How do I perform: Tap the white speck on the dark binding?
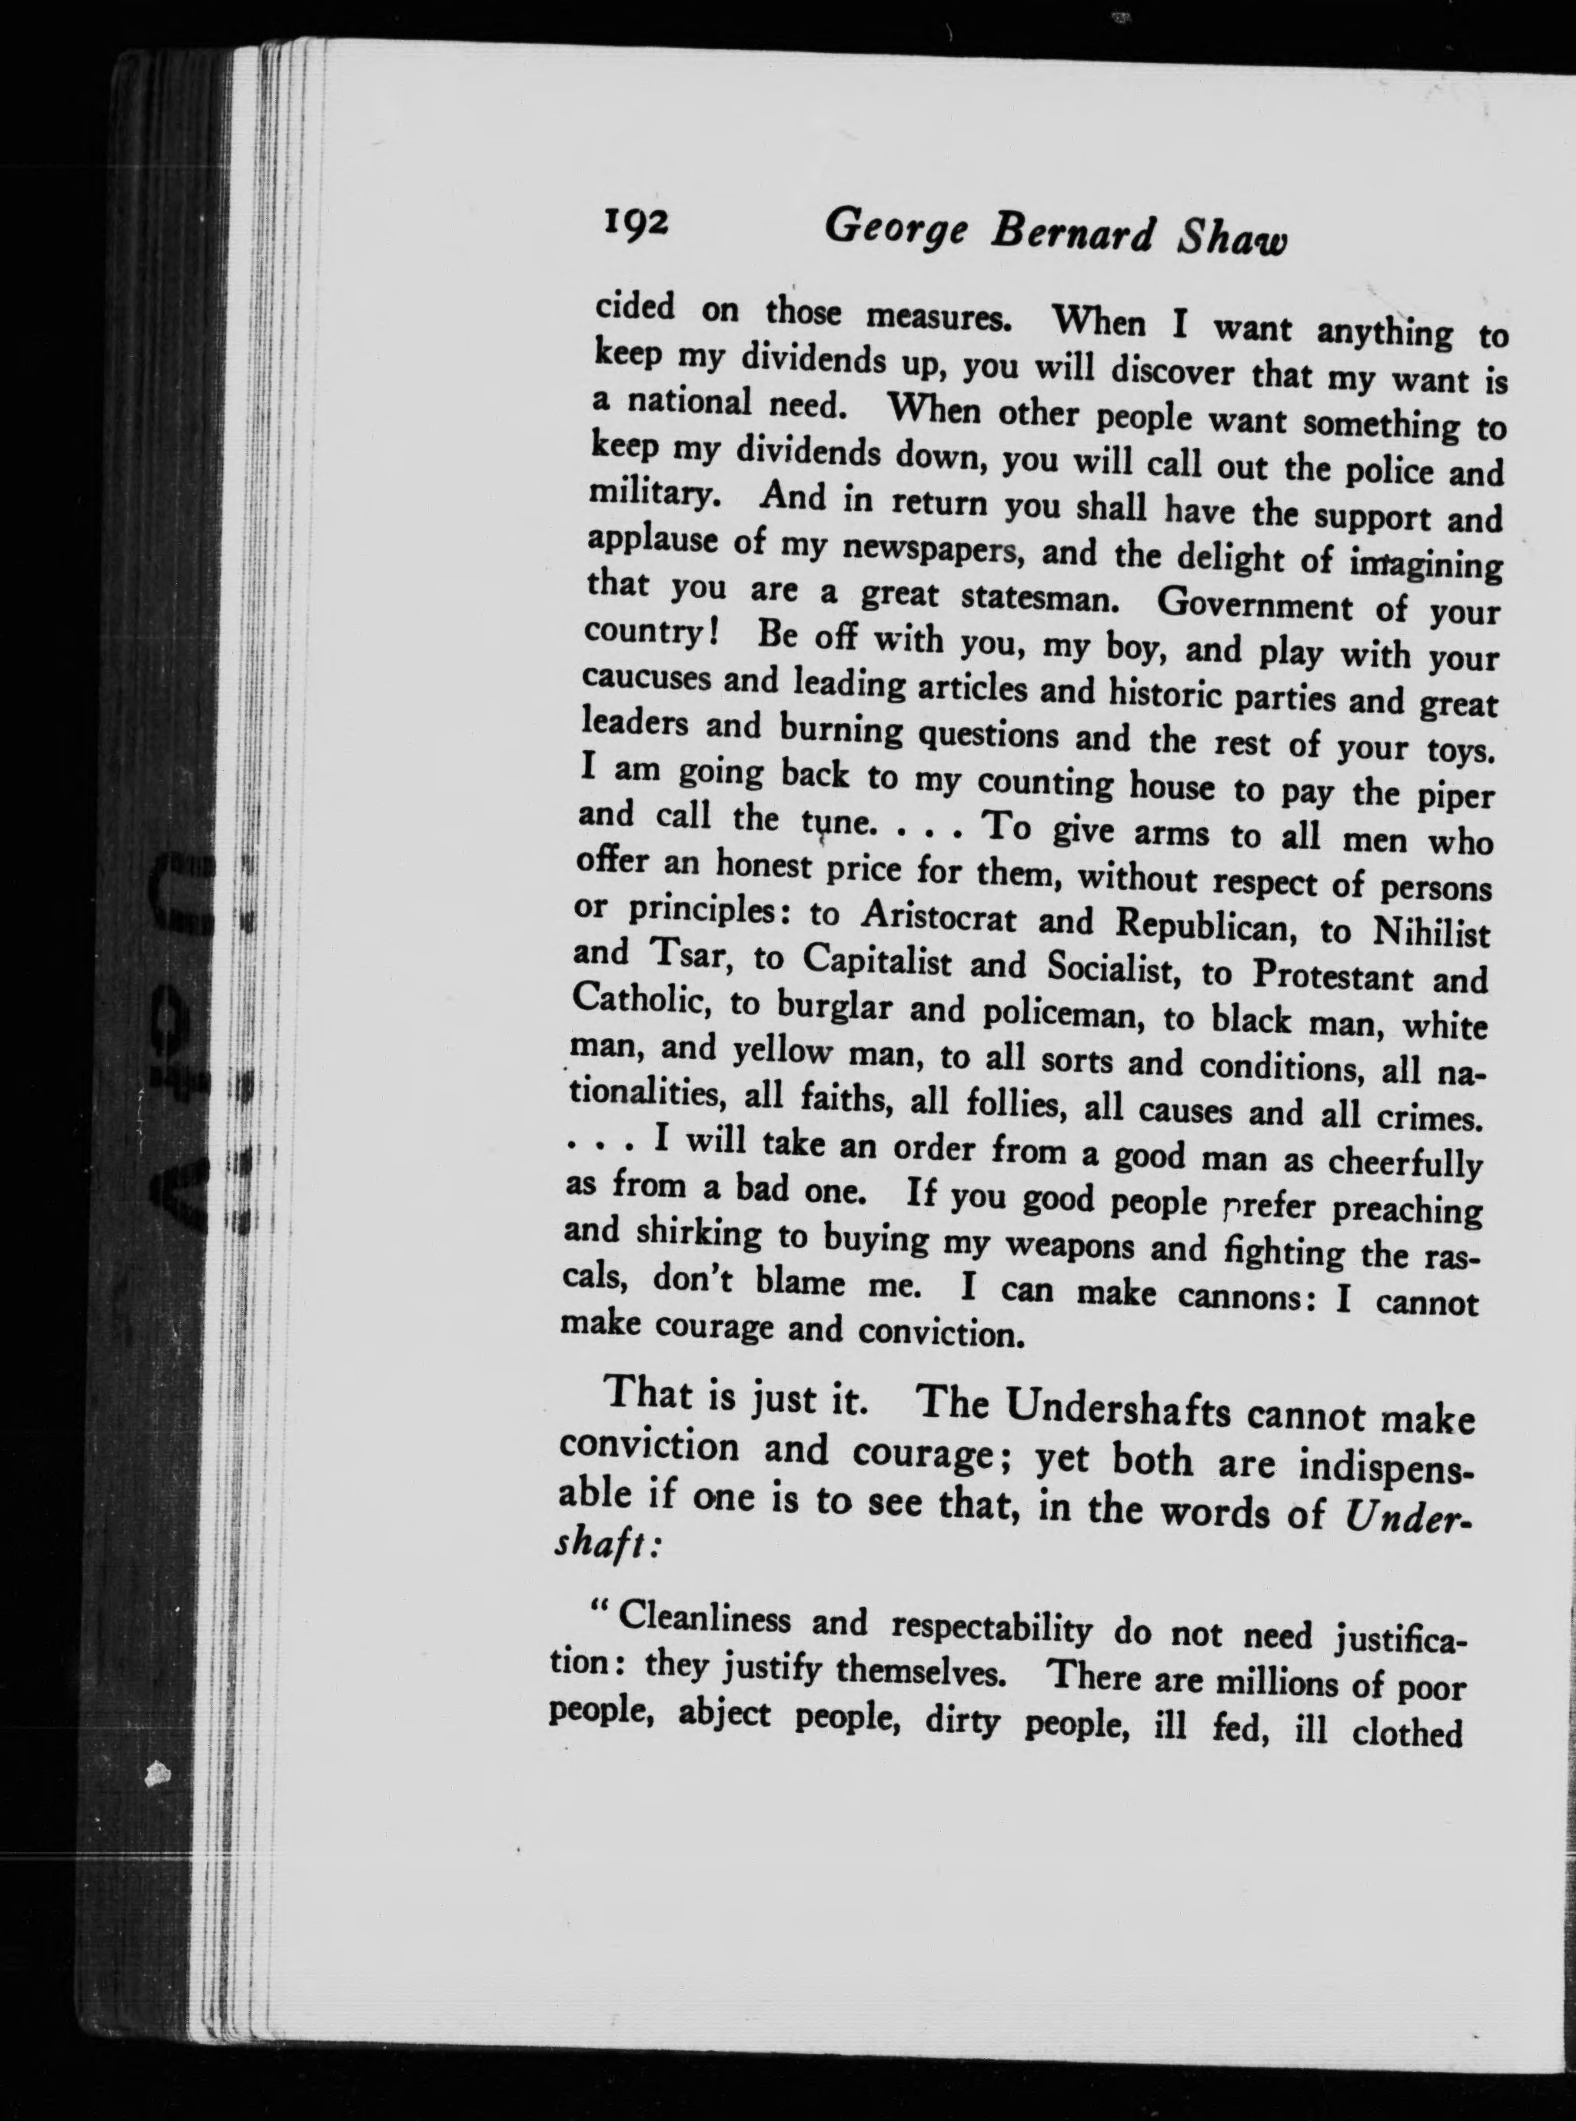[157, 1775]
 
